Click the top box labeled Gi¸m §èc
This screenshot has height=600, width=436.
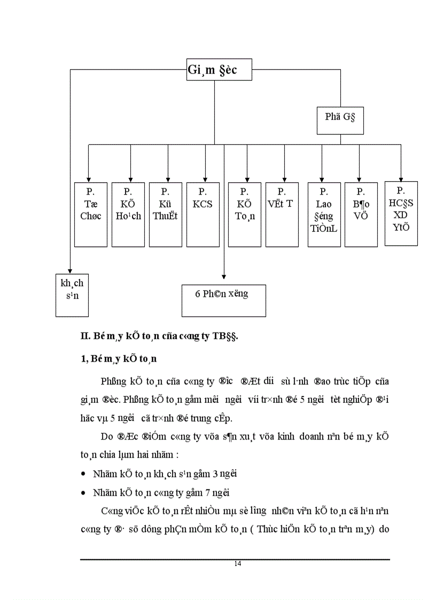(219, 69)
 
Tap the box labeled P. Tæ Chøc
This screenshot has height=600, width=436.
(90, 214)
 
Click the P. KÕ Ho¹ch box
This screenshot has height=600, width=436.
(128, 214)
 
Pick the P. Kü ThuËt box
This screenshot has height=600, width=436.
(166, 214)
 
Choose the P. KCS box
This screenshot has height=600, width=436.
(203, 214)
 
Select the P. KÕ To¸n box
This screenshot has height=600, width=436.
(245, 214)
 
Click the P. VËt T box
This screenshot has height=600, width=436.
(282, 214)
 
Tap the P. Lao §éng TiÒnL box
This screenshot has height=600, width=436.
(324, 214)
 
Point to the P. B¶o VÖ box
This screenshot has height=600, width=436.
(361, 214)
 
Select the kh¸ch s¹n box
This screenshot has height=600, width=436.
(72, 294)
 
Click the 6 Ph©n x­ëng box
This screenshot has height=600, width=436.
(223, 301)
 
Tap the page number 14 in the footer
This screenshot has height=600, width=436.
(237, 564)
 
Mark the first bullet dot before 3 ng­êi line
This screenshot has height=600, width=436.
(83, 474)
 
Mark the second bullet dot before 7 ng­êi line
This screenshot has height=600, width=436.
(83, 493)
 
